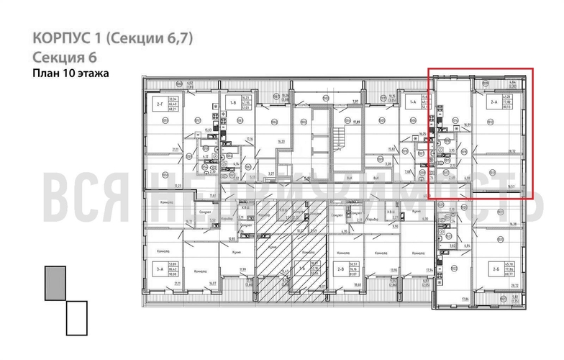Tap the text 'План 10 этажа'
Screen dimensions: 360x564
71,73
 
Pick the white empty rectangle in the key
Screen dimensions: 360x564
76,318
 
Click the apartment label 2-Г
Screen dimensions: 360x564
159,104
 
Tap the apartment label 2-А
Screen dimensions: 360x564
494,104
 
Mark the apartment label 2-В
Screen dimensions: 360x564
340,269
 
